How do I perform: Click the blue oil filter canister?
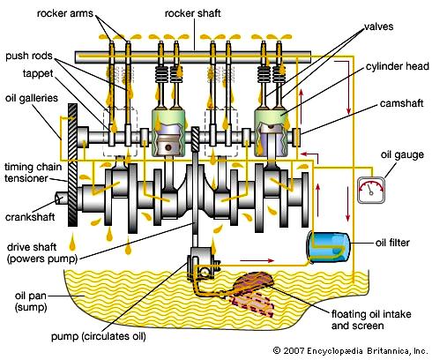click(x=329, y=246)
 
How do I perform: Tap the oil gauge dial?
click(x=371, y=190)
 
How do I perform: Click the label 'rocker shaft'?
click(x=192, y=13)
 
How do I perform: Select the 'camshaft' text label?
click(x=401, y=103)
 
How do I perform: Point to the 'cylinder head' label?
click(x=398, y=66)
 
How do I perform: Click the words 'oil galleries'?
click(x=32, y=98)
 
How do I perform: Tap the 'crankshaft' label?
click(x=30, y=217)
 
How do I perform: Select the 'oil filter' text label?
click(x=392, y=243)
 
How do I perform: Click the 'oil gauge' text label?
click(x=402, y=155)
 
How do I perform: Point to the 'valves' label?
click(x=378, y=26)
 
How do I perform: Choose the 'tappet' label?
click(x=38, y=73)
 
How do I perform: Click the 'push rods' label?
click(x=29, y=56)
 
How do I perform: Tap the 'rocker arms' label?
click(x=65, y=13)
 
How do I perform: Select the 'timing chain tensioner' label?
click(x=33, y=173)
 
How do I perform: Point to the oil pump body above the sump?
click(x=204, y=264)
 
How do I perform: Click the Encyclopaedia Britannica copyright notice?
click(x=350, y=351)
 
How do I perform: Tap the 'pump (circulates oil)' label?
click(x=99, y=336)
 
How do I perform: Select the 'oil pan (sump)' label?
click(x=31, y=302)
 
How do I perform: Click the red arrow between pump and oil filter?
click(x=257, y=260)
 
